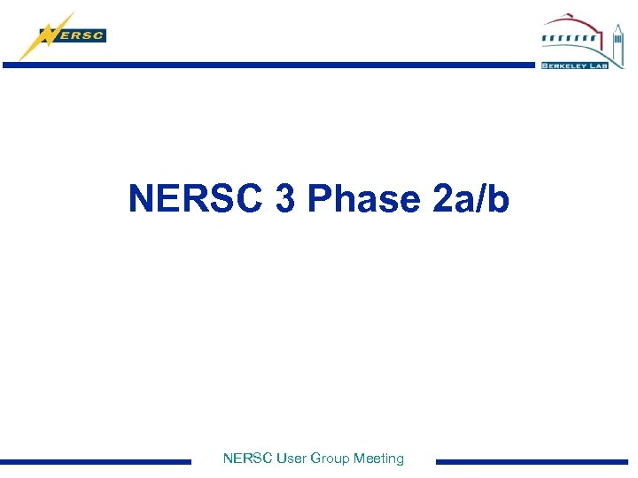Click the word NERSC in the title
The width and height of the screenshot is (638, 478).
point(197,198)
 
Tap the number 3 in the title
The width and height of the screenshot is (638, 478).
point(285,198)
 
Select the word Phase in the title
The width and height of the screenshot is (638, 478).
point(364,198)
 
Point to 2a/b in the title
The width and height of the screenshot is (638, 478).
point(472,198)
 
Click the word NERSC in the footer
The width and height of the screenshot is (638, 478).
point(248,459)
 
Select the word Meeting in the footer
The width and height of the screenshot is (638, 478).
point(378,459)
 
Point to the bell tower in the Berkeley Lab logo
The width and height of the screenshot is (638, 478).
point(618,41)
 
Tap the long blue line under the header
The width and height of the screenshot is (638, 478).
point(266,65)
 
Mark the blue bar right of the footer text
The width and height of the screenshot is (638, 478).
point(532,461)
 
